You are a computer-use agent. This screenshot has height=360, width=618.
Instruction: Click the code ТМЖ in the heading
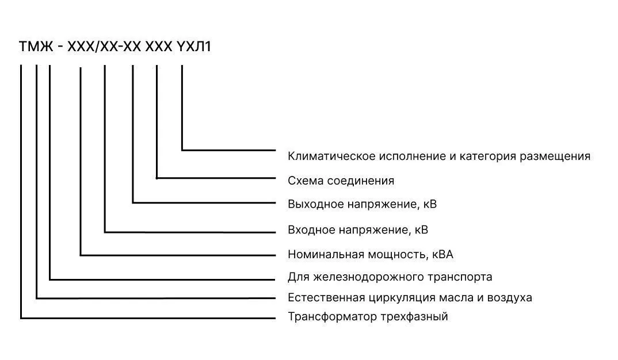point(36,47)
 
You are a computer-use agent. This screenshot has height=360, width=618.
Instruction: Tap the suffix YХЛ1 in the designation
point(194,47)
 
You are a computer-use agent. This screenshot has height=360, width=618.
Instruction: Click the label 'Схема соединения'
point(341,181)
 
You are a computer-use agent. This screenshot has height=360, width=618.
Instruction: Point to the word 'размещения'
point(555,156)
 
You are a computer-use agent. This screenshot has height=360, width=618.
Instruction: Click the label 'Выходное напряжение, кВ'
point(362,204)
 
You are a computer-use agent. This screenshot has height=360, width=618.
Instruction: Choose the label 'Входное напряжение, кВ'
point(358,229)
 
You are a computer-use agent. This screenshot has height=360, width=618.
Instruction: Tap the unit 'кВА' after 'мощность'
point(442,254)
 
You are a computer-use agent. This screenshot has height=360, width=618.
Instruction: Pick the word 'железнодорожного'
point(368,277)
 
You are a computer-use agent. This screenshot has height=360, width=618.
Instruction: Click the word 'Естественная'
point(326,297)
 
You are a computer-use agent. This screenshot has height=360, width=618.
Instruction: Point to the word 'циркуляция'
point(402,297)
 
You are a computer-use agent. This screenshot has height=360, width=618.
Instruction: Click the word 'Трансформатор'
point(332,317)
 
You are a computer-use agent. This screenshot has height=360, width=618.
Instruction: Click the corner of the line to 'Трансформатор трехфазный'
point(21,317)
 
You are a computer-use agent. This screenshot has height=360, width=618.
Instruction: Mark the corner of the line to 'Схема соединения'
point(157,178)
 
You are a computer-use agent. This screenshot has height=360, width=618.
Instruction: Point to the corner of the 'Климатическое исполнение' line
point(182,150)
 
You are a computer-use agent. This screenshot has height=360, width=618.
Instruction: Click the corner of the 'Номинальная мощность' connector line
point(81,255)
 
